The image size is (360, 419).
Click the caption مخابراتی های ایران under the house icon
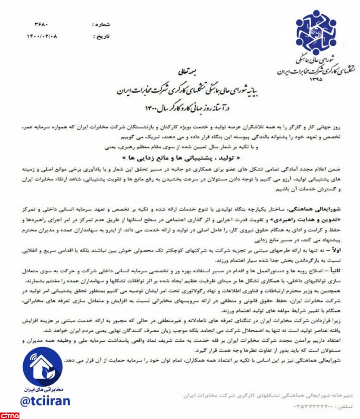[42, 390]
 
